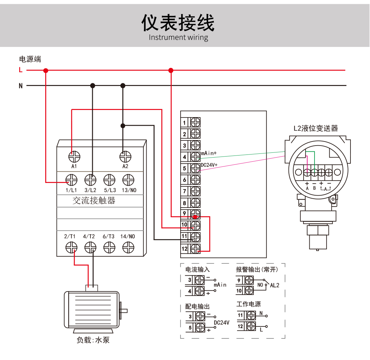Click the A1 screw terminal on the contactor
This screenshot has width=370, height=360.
tap(74, 157)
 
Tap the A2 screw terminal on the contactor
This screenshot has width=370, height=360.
tap(125, 157)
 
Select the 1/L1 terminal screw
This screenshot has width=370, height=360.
tap(72, 179)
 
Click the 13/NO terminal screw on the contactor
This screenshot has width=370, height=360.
tap(128, 179)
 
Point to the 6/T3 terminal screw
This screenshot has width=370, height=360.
tap(109, 247)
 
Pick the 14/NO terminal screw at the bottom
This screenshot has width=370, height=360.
tap(128, 247)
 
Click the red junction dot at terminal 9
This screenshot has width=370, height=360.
tap(195, 217)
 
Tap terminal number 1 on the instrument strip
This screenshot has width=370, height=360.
tap(184, 123)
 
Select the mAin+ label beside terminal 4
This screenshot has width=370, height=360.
tap(209, 153)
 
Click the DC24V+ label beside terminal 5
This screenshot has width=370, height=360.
tap(209, 165)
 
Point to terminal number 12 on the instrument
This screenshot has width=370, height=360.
tap(184, 249)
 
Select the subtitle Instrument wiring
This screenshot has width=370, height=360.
tap(178, 37)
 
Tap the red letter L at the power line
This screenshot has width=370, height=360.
tap(21, 70)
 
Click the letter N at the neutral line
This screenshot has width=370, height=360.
tap(21, 86)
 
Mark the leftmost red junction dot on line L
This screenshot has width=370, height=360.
tap(46, 70)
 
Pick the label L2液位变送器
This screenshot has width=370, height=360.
tap(316, 128)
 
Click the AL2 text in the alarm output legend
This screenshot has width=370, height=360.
tap(275, 285)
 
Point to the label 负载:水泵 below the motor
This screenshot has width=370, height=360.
tap(93, 340)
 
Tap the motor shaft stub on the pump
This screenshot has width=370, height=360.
tap(124, 311)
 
